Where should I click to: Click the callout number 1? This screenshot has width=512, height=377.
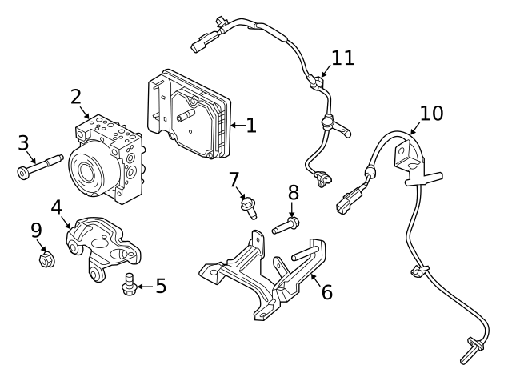250,126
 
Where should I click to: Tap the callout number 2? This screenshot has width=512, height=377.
76,97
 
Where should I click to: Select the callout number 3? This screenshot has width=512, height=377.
24,143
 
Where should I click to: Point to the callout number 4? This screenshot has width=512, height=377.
56,207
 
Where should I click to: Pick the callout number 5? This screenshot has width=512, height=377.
161,286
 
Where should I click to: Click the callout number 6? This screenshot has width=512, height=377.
326,291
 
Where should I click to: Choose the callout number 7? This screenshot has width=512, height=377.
234,180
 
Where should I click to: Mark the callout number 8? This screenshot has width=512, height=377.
293,192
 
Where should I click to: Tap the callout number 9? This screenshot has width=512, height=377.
36,231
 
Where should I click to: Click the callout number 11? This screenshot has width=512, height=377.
342,58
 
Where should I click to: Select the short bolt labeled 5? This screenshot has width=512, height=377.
126,285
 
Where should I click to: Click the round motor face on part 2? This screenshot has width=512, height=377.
86,170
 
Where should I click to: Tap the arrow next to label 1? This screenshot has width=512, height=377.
236,126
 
